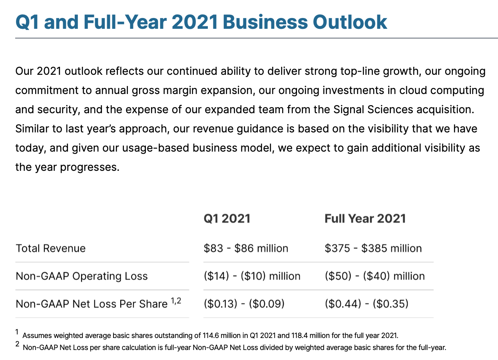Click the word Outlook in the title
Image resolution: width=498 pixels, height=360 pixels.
[350, 22]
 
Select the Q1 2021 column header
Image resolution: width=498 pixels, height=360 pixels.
[227, 218]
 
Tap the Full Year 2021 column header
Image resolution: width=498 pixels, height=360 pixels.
[365, 218]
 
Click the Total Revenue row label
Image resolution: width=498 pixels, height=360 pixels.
[51, 248]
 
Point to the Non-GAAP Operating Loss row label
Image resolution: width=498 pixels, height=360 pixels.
[82, 276]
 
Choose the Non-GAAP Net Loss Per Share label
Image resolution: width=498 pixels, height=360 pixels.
[92, 304]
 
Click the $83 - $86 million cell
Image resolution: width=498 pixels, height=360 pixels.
[246, 248]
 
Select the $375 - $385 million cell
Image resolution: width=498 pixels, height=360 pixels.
[373, 248]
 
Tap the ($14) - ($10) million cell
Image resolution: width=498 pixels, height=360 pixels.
[252, 276]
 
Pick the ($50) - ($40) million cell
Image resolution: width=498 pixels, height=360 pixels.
[375, 276]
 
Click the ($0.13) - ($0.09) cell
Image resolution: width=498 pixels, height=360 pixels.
[244, 304]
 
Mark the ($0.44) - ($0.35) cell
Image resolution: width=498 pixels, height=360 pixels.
[367, 304]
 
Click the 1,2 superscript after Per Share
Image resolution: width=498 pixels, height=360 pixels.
[176, 301]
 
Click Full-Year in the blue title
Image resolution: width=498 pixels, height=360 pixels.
[125, 22]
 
